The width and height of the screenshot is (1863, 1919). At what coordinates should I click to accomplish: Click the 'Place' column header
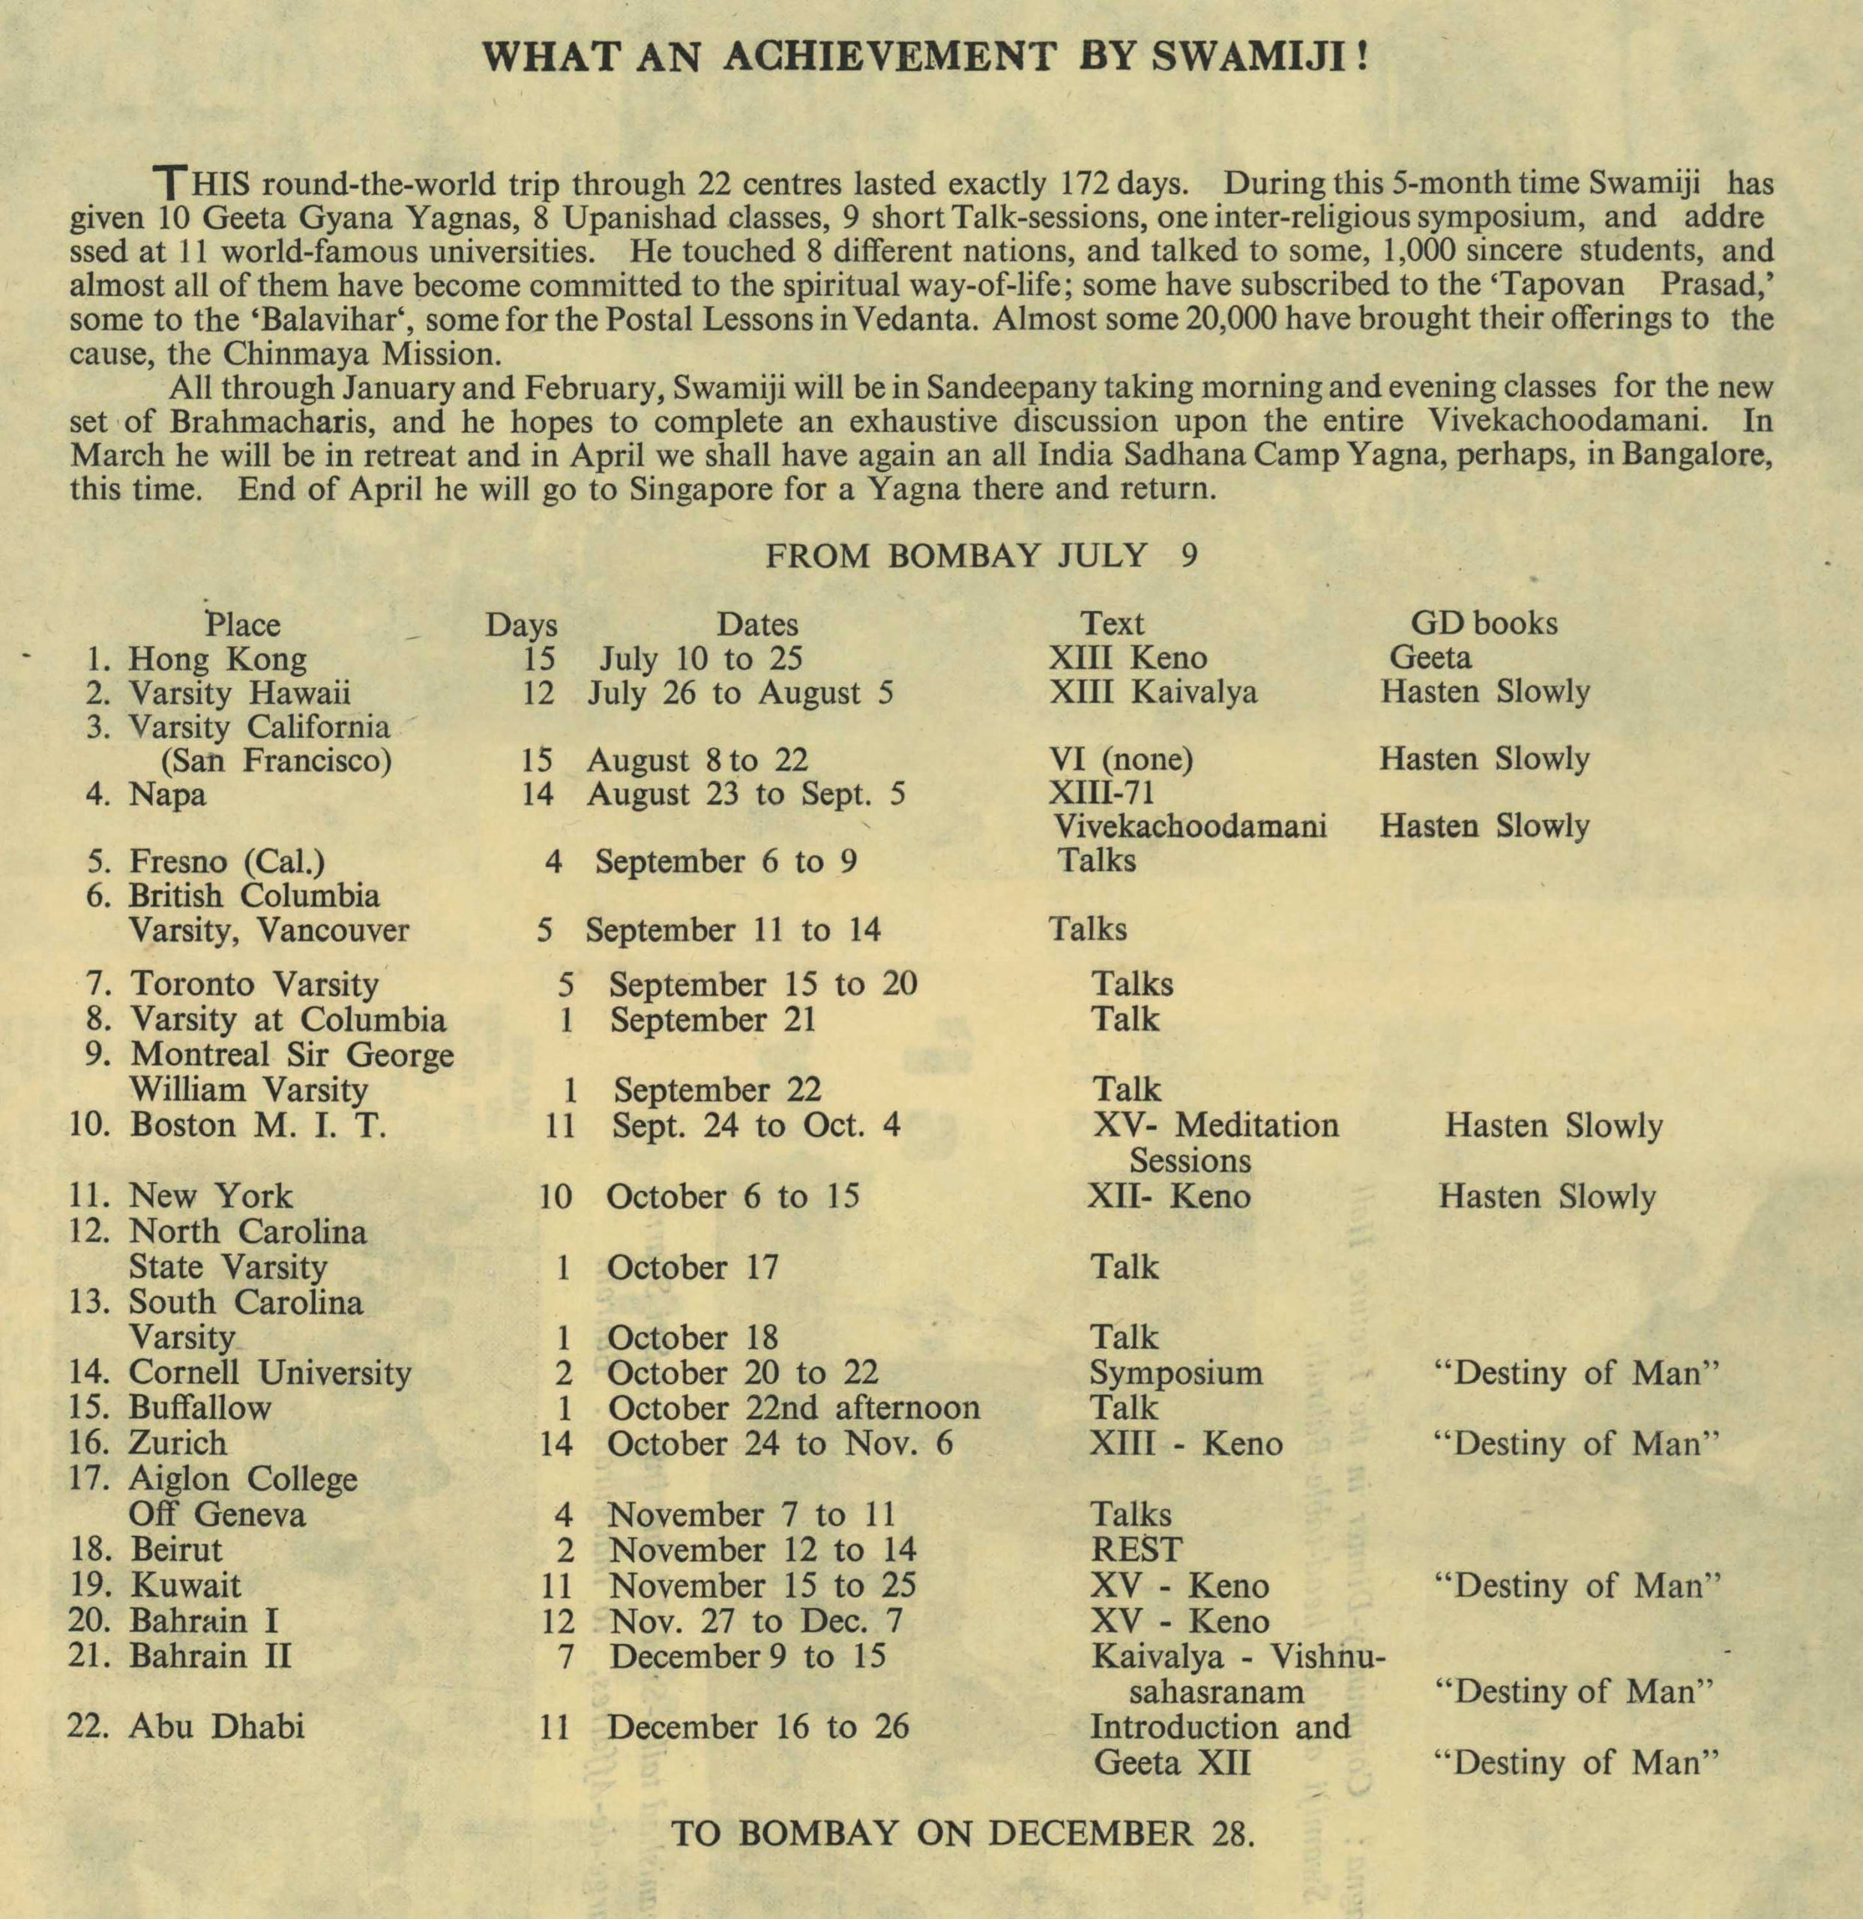click(243, 624)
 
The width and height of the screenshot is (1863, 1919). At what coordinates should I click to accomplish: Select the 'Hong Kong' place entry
click(217, 659)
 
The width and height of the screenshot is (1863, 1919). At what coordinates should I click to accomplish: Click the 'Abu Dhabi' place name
click(217, 1726)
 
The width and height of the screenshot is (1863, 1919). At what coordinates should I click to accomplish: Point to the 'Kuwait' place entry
click(185, 1585)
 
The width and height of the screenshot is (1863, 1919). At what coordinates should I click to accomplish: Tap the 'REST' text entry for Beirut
click(1136, 1550)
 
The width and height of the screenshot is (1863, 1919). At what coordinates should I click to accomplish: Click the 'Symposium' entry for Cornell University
click(1176, 1373)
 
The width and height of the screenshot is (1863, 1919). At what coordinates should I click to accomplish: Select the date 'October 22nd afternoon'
click(793, 1408)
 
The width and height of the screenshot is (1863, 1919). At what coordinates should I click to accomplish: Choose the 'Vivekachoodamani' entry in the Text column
click(1190, 826)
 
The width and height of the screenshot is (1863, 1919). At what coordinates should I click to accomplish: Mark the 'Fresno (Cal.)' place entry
click(227, 861)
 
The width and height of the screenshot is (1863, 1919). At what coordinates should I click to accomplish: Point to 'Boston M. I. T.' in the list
click(259, 1125)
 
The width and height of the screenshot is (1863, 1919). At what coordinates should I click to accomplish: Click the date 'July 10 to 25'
click(701, 659)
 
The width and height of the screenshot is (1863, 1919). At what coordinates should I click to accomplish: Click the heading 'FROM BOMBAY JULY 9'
click(981, 556)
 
